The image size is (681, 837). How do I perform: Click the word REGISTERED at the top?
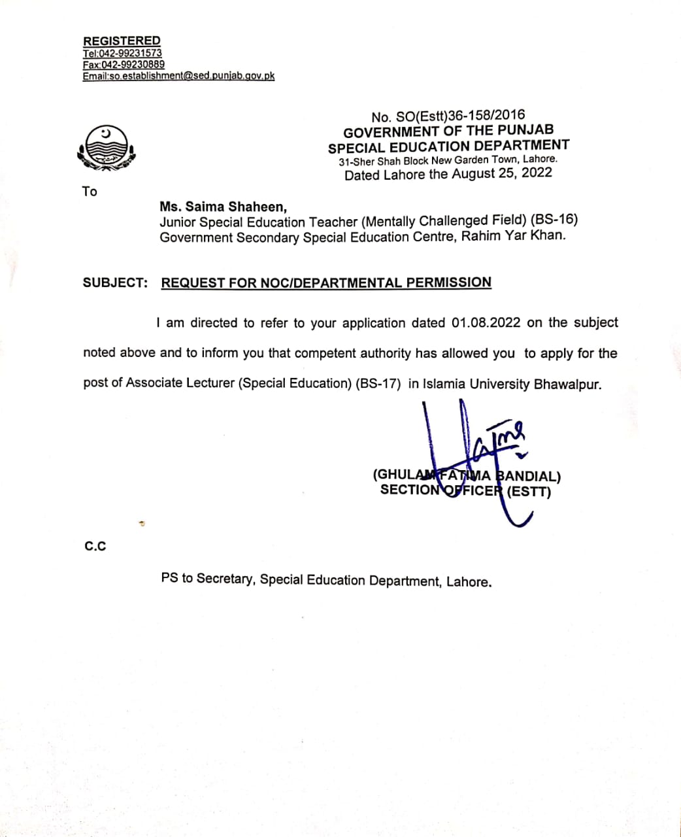coord(122,41)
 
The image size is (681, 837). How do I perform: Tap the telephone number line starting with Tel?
coord(122,53)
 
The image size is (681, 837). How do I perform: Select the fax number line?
coord(124,65)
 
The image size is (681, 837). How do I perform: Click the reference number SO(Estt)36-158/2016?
coord(461,116)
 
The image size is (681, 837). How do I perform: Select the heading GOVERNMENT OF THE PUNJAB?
coord(448,131)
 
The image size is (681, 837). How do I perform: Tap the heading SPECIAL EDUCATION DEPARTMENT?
coord(448,146)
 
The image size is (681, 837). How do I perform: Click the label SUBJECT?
coord(115,282)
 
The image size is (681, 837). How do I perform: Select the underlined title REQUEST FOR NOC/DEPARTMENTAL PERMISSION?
coord(326,282)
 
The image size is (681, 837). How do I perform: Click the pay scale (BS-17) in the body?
coord(378,384)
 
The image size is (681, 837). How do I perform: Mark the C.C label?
coord(95,547)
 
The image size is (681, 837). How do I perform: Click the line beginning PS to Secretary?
coord(326,580)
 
